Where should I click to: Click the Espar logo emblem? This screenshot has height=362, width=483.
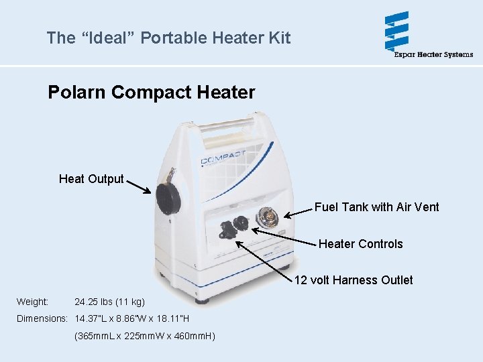click(396, 31)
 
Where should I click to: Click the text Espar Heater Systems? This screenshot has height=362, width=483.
click(433, 54)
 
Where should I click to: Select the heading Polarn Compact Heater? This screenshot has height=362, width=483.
click(151, 92)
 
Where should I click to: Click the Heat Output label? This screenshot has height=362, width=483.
click(91, 179)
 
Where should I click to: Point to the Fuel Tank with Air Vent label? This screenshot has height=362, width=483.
click(376, 207)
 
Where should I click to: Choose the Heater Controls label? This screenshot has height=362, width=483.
click(360, 244)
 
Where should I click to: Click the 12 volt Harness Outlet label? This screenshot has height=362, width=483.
click(354, 280)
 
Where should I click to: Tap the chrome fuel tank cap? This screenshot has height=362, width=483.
click(268, 219)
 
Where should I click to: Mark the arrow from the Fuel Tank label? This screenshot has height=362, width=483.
click(298, 211)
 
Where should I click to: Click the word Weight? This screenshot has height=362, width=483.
click(32, 302)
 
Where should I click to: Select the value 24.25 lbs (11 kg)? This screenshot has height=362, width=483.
click(109, 302)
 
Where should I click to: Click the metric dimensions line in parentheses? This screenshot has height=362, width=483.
click(144, 335)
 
